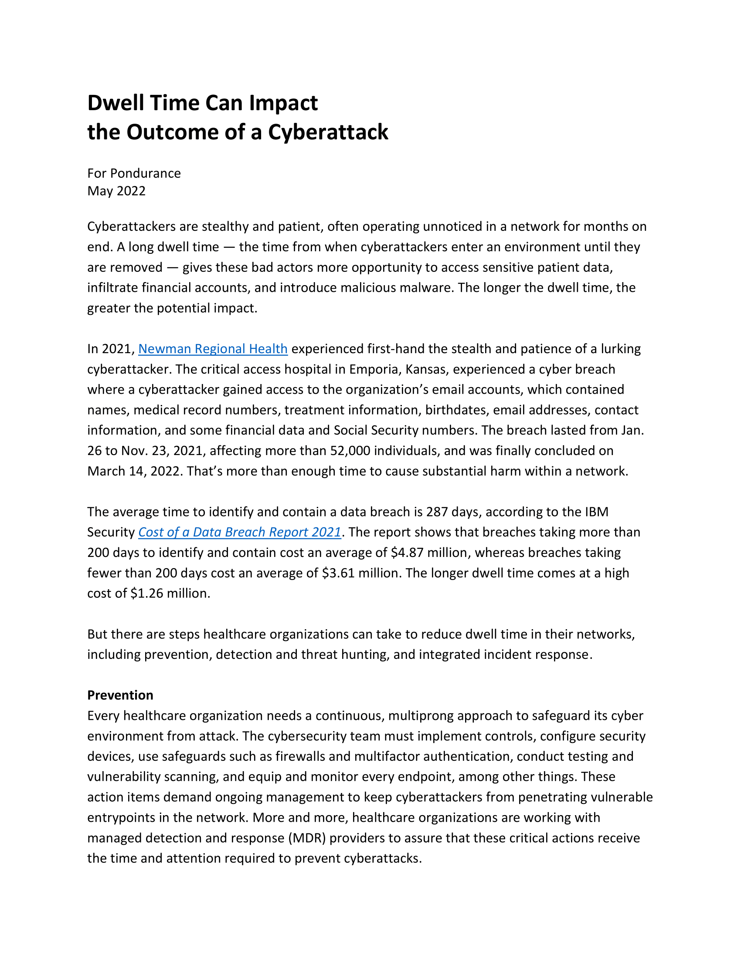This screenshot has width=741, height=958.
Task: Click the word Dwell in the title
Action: pos(116,103)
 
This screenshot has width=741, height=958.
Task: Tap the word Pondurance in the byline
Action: pos(145,173)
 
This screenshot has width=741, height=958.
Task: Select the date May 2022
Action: pos(116,191)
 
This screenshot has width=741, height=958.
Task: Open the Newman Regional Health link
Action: pos(213,349)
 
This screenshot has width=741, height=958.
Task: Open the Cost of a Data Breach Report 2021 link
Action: pos(240,532)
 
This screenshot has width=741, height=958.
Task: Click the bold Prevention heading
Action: pos(120,695)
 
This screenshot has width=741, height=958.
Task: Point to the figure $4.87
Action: pos(407,553)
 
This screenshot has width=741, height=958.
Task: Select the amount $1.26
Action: pos(147,594)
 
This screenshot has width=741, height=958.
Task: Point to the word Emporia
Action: pos(374,369)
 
